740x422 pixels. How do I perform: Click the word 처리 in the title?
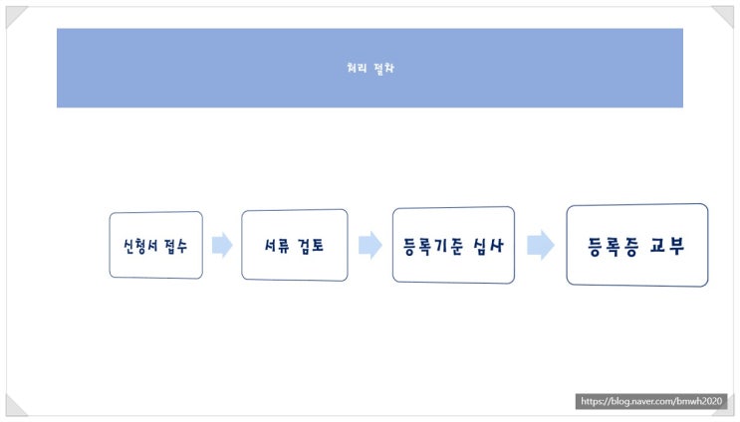[x=357, y=68]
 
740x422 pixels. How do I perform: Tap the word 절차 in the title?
[x=383, y=68]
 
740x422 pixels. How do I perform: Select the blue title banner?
[x=370, y=68]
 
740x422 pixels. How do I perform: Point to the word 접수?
[x=175, y=246]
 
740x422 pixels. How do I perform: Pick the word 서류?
[x=275, y=245]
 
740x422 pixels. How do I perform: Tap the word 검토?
[x=311, y=245]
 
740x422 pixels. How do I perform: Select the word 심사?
[x=489, y=246]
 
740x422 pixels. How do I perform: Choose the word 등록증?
[x=614, y=246]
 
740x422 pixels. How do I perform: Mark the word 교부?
[x=667, y=246]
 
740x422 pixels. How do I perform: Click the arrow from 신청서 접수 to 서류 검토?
[x=222, y=245]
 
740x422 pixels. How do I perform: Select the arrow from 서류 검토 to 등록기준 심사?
[x=370, y=245]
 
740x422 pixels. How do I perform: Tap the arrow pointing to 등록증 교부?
[x=541, y=245]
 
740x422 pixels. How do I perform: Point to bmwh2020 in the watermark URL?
[x=700, y=401]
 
